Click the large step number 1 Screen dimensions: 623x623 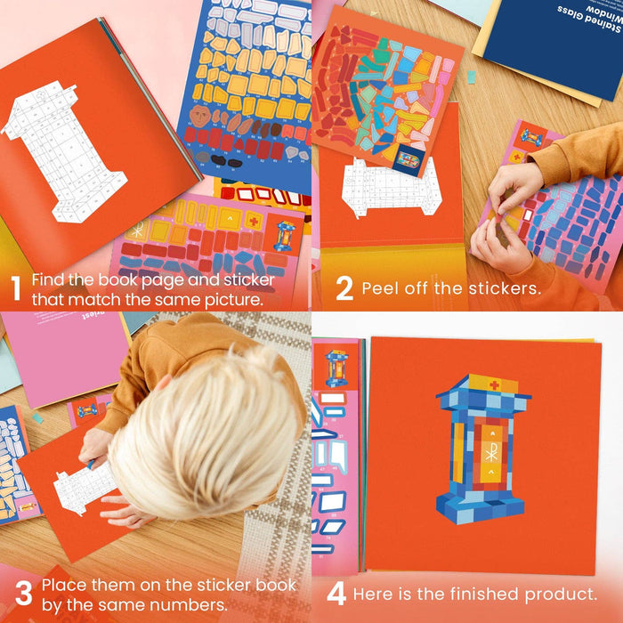click(14, 288)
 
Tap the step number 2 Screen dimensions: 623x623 click(344, 288)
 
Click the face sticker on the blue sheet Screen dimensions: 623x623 click(201, 116)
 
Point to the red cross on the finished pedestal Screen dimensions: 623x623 click(494, 384)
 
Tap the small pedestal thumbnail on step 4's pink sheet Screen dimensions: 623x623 click(336, 367)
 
